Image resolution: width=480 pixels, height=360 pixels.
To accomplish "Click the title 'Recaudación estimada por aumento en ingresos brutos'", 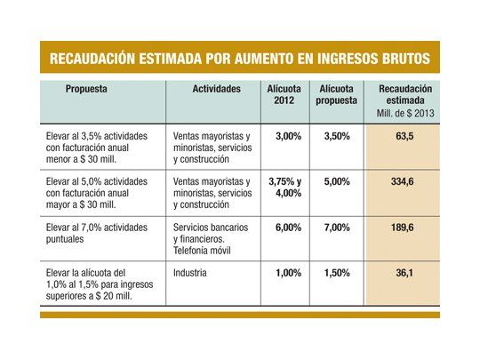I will pos(239,60).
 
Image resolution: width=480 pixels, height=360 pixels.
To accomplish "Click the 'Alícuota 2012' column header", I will pos(285,94).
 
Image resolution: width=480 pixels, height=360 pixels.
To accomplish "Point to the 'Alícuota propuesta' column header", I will pos(337,94).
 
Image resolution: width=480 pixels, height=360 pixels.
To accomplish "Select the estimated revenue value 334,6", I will pos(405,181).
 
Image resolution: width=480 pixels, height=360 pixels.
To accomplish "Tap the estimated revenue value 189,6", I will pos(405,228).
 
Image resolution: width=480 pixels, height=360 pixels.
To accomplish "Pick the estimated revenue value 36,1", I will pos(405,273).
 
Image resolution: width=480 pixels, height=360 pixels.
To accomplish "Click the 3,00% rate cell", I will pos(286,137).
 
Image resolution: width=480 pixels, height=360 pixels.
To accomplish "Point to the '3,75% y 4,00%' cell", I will pos(285,188).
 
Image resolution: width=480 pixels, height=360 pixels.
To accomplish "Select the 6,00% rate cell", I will pos(286,228).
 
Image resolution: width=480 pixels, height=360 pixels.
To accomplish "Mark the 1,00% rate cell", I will pos(286,273).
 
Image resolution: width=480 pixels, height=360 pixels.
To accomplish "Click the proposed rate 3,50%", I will pos(337,137).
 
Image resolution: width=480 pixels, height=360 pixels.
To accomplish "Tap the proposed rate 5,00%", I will pos(337,181).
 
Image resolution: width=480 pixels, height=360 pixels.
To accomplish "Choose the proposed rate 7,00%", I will pos(337,228).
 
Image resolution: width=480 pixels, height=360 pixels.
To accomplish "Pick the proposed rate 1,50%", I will pos(337,273).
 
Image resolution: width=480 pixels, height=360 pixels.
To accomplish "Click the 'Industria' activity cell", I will pos(191,273).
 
